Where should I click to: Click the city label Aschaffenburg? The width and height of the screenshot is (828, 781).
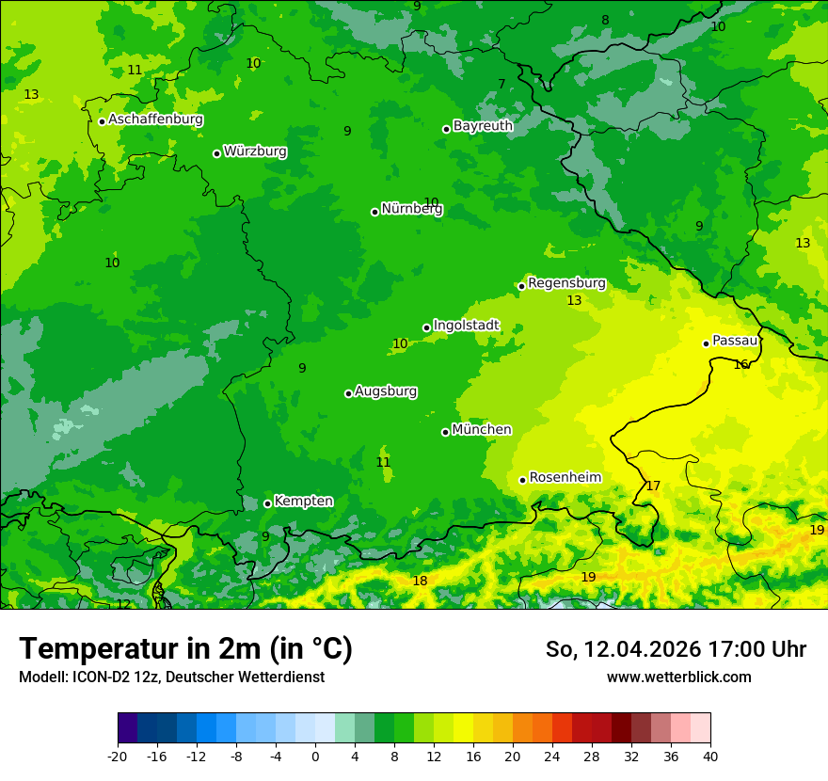tap(155, 120)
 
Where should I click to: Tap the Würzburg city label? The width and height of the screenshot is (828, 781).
tap(255, 151)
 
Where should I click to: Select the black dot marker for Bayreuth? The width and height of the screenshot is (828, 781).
tap(446, 129)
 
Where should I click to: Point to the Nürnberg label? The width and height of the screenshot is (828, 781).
tap(411, 209)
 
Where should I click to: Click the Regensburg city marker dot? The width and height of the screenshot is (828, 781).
tap(521, 286)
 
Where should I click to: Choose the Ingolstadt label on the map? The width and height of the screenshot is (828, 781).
tap(466, 326)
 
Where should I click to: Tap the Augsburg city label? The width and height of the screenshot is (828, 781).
tap(386, 391)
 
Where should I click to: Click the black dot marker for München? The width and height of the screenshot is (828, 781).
tap(445, 432)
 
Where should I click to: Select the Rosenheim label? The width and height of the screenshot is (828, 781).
tap(565, 478)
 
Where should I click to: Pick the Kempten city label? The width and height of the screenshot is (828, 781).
tap(303, 502)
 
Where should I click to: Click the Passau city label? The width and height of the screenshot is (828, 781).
tap(735, 341)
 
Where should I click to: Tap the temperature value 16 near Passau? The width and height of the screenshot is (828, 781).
tap(741, 364)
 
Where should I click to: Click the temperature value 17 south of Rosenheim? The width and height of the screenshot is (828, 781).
tap(653, 486)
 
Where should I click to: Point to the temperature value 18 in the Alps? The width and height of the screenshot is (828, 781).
tap(420, 581)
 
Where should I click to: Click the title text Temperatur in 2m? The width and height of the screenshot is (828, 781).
tap(185, 648)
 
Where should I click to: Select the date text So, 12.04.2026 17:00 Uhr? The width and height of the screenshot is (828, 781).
tap(676, 649)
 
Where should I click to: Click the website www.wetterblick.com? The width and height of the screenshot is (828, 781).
tap(678, 677)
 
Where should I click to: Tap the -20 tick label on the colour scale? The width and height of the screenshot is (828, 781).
tap(118, 756)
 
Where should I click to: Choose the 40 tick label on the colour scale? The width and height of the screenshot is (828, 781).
tap(710, 756)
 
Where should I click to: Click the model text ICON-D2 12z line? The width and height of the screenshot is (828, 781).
tap(171, 677)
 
